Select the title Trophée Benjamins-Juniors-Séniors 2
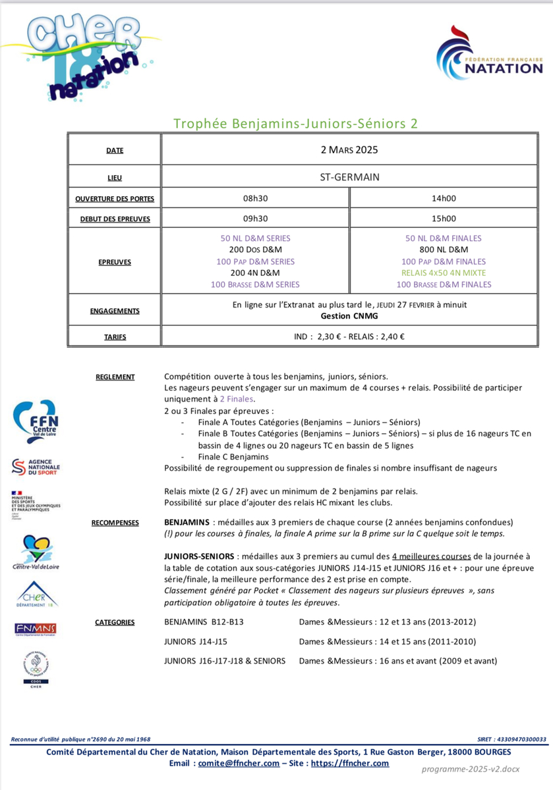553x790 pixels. point(295,124)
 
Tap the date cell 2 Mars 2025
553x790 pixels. point(349,150)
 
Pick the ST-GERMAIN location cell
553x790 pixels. point(349,177)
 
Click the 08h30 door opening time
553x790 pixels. point(256,197)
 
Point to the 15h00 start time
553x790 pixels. point(443,219)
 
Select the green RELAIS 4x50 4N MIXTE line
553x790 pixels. point(443,273)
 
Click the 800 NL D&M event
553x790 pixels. point(443,250)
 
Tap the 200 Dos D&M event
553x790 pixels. point(256,250)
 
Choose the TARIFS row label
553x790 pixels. point(115,336)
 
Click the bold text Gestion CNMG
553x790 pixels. point(349,315)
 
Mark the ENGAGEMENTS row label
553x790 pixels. point(115,310)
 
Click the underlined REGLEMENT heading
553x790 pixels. point(115,377)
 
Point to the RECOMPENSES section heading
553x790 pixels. point(115,523)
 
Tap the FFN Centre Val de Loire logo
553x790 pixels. point(35,422)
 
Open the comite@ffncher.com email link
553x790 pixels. point(239,764)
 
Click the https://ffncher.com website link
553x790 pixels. point(349,764)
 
